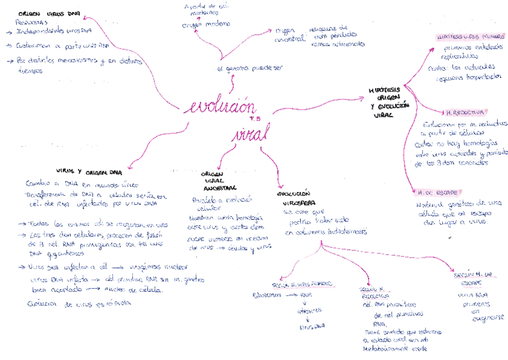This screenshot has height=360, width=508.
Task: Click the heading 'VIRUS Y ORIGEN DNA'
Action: pos(89,172)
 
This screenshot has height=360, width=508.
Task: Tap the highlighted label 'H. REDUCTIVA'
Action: pos(465,112)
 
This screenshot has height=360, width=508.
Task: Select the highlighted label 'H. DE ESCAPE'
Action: pos(438,193)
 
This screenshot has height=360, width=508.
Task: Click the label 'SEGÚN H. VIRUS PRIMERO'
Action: pos(302,284)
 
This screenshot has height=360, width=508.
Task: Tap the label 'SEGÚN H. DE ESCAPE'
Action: pos(473,278)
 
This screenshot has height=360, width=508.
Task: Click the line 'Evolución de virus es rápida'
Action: pos(79,303)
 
